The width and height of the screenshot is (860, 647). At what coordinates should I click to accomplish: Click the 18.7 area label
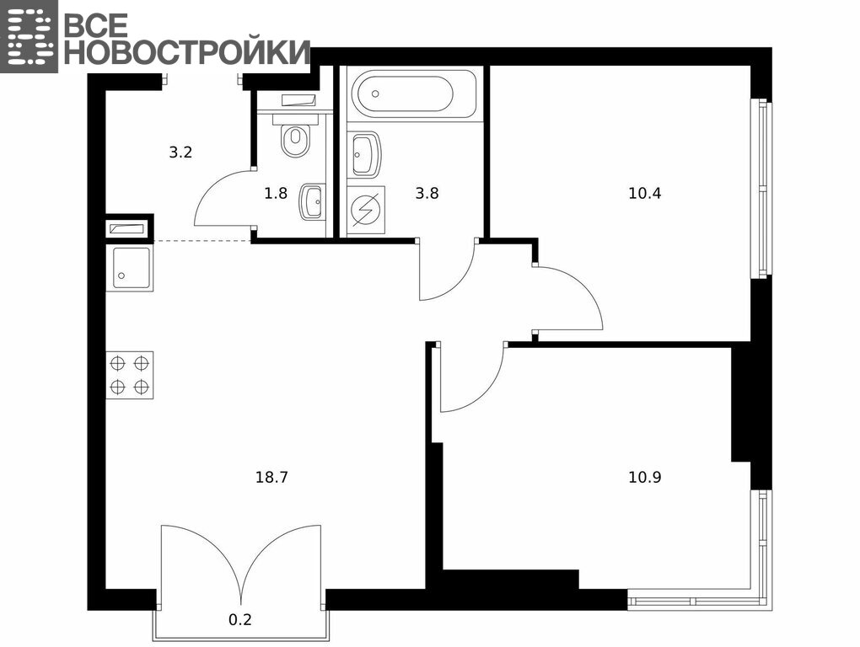pos(271,477)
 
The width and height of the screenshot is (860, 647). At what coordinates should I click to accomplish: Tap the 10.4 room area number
pos(644,194)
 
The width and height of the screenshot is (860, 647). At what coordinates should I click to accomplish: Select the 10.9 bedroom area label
pos(644,477)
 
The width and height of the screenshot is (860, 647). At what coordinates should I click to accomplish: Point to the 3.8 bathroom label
pos(427,194)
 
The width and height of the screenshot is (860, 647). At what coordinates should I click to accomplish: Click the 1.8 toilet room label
pos(276,194)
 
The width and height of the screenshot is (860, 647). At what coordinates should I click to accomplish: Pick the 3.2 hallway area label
pos(180,152)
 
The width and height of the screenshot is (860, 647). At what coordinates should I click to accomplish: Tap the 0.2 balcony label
pos(239,619)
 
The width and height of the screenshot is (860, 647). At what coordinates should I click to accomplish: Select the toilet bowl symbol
pos(296,136)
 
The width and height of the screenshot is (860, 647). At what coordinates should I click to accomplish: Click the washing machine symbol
pos(366,211)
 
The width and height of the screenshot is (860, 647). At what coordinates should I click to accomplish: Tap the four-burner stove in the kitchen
pos(130,375)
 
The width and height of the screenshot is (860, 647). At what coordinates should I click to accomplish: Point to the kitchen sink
pos(130,268)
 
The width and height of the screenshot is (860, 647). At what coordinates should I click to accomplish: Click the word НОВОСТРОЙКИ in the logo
pos(187,51)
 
